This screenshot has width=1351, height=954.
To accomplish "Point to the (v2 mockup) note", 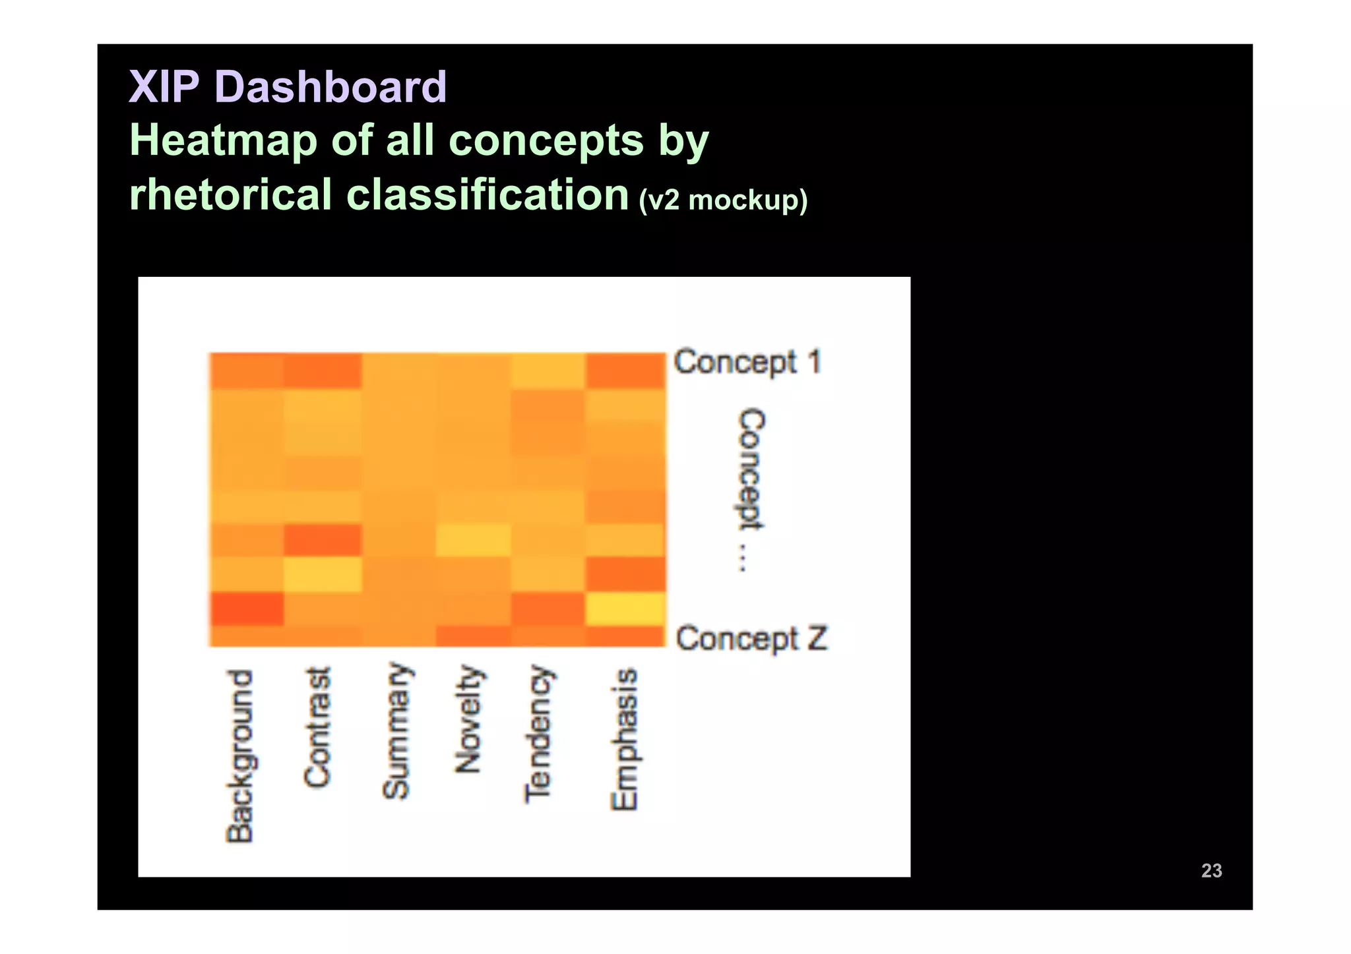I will (x=722, y=200).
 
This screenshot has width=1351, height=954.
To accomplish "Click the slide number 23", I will (x=1211, y=870).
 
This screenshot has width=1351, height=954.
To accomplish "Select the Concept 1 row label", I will (x=747, y=363).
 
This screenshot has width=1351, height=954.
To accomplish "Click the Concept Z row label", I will (x=751, y=639).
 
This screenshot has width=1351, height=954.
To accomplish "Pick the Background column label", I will (x=239, y=756).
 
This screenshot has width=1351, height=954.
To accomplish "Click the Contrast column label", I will (x=317, y=727).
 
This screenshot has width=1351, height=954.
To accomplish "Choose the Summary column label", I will (x=396, y=730).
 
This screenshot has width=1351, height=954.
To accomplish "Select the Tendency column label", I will (x=538, y=734).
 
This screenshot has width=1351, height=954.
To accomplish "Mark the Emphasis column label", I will (x=624, y=739).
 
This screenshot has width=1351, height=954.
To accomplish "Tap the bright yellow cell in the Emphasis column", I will (x=625, y=609).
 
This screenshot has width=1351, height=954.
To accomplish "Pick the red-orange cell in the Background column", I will (x=247, y=609).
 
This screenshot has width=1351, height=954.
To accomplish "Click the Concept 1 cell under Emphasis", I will (x=625, y=371).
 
